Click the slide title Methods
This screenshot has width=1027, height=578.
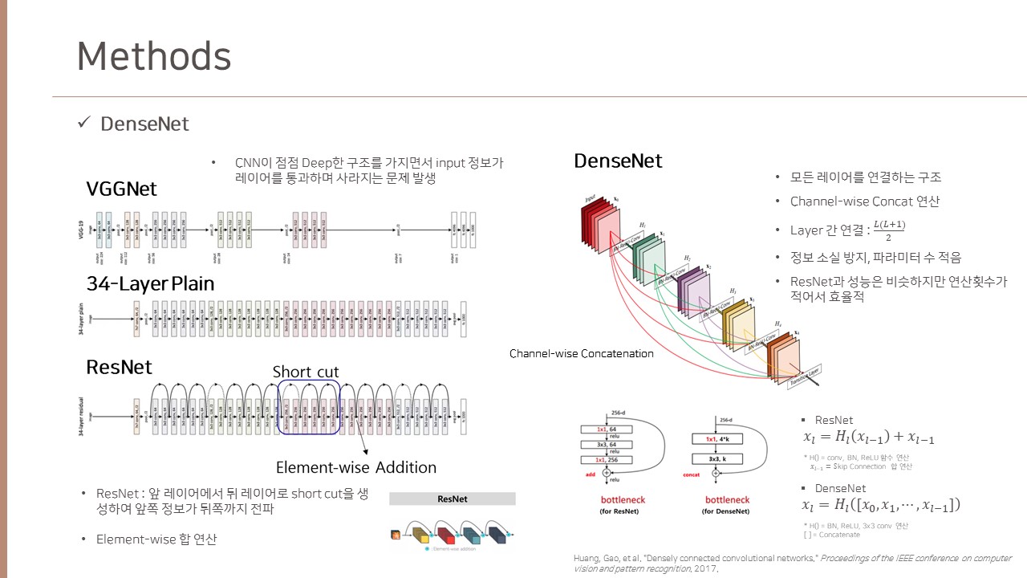(154, 56)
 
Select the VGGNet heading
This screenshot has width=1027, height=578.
(122, 189)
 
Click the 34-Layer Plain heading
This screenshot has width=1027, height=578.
(150, 283)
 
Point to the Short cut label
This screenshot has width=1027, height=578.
(306, 372)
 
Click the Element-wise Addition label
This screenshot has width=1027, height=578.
(356, 467)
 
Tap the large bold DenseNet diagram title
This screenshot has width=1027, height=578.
(618, 161)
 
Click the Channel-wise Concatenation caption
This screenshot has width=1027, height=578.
(582, 353)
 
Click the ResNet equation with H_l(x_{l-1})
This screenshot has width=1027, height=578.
(868, 438)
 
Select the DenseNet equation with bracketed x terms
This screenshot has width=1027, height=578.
(881, 505)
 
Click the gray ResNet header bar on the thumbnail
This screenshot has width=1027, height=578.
(453, 499)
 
